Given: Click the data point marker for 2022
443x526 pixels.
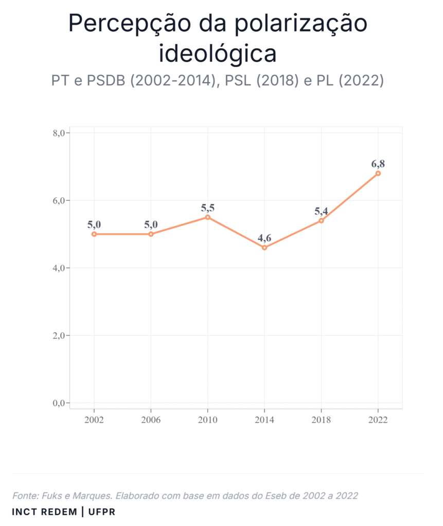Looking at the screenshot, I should [378, 174].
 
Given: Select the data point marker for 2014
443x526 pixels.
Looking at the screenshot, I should [264, 248].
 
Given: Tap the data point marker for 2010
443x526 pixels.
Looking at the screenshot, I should [208, 217].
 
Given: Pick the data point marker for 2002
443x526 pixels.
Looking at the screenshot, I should [94, 234].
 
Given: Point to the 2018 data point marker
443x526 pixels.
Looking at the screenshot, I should [321, 221].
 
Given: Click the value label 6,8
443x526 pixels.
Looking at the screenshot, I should [378, 164].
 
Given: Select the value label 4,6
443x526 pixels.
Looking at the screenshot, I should [264, 238].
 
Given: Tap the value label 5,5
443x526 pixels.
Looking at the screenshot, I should [208, 208].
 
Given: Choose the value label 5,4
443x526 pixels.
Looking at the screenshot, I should [321, 211].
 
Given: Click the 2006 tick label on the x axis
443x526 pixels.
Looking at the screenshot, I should [151, 420].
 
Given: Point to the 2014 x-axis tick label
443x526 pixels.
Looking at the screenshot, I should [264, 420].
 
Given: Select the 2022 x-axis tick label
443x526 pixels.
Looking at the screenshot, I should [378, 420].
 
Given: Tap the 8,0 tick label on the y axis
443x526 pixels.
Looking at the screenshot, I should [61, 133].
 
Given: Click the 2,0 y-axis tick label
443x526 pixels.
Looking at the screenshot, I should [61, 336].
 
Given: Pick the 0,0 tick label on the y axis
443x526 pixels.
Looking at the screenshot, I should [61, 403].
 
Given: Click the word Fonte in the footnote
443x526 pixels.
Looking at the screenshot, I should [25, 496].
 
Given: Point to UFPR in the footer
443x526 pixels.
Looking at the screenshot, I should [101, 512].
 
